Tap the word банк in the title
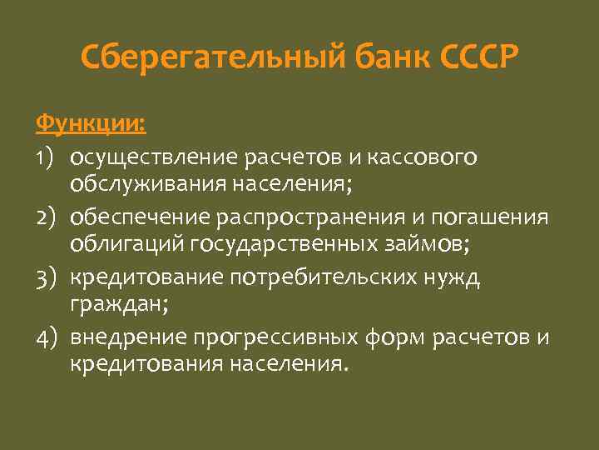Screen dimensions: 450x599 (x=380, y=60)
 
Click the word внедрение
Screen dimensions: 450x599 (x=127, y=338)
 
